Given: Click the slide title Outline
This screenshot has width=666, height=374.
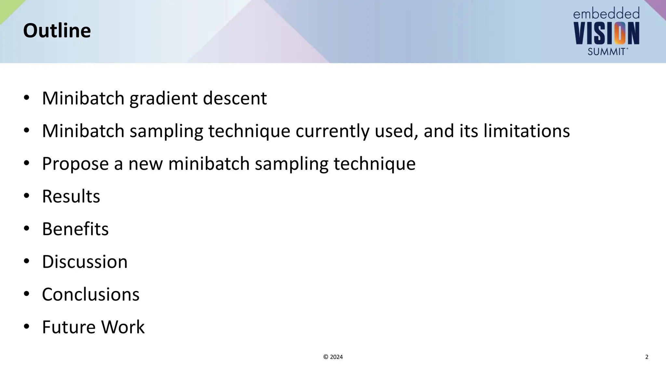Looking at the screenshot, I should click(57, 31).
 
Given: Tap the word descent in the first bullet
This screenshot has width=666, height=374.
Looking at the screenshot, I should click(235, 98).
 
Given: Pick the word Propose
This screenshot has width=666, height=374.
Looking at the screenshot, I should click(75, 164).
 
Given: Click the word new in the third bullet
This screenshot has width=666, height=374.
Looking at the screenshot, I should click(145, 164).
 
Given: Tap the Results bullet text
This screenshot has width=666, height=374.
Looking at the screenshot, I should click(71, 196).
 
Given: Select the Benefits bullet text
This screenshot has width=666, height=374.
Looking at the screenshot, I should click(75, 229).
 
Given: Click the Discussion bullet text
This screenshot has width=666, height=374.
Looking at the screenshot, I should click(85, 262).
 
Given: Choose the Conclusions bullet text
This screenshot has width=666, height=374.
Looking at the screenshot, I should click(90, 294).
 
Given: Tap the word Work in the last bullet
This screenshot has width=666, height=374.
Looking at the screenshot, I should click(123, 327).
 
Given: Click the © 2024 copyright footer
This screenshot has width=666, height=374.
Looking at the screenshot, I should click(333, 357).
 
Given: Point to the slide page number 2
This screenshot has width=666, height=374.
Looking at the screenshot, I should click(646, 357).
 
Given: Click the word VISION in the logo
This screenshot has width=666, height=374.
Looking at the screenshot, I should click(606, 33).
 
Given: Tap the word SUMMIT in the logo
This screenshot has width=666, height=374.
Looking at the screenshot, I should click(606, 51).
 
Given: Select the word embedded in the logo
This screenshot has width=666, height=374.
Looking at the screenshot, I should click(606, 14).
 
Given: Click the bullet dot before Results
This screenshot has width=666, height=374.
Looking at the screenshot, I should click(27, 196).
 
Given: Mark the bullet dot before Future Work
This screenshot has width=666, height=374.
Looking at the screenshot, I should click(27, 327).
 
